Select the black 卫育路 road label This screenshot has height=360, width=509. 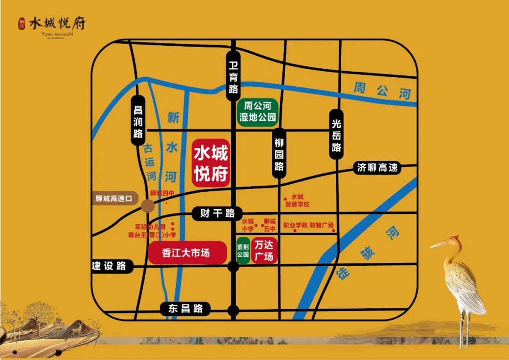pos(233,76)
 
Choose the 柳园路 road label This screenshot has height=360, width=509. pos(279,154)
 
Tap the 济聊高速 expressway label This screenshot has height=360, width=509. pos(377,167)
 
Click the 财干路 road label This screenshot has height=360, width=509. pos(217,213)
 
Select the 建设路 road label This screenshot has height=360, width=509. pos(109,266)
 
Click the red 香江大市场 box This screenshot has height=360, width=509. pos(186,253)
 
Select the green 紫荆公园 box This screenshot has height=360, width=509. pos(243,251)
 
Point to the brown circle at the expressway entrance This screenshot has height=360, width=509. pos(148,206)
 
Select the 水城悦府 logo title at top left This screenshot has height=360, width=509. pos(57,24)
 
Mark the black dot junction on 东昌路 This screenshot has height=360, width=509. pos(233,310)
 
